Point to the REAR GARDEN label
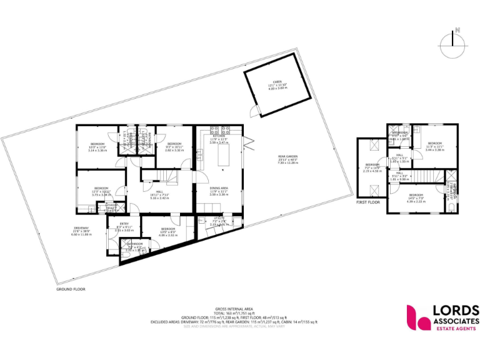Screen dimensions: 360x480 (288, 157)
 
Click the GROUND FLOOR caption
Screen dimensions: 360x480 (70, 289)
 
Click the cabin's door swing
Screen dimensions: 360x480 (252, 112)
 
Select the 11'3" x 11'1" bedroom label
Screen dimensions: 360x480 (435, 144)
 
